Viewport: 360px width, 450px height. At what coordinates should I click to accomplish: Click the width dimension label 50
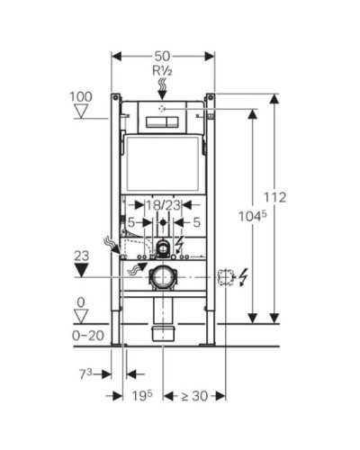(163, 56)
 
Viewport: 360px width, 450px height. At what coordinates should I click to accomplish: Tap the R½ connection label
(163, 70)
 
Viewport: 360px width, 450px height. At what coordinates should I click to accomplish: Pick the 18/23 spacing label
(163, 205)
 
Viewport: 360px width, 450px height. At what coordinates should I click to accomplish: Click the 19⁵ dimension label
(139, 396)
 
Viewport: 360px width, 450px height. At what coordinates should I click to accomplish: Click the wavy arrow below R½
(163, 87)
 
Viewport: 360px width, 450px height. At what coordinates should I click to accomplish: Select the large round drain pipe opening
(162, 277)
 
